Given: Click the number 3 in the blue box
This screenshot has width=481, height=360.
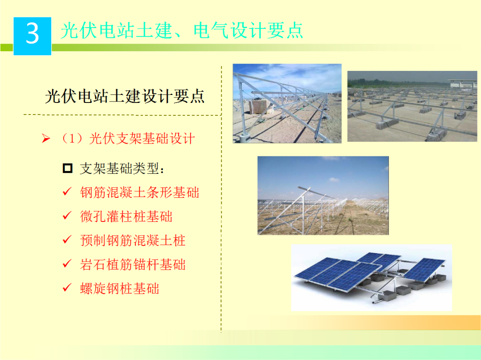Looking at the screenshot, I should [x=33, y=34].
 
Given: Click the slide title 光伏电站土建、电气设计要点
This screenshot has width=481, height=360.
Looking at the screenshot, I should [x=182, y=30].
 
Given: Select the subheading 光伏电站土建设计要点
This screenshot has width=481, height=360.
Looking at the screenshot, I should [x=125, y=96].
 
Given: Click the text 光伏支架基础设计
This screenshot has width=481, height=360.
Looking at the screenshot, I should [x=142, y=139].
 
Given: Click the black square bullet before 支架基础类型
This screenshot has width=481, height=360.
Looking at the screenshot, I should [x=68, y=168].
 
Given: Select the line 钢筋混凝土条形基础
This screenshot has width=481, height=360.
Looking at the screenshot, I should [x=139, y=192].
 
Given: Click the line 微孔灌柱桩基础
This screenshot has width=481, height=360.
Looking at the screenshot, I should [x=126, y=217].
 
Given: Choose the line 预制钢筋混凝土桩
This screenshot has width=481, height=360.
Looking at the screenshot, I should [x=133, y=241].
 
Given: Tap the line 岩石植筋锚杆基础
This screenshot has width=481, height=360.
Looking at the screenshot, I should [x=133, y=265].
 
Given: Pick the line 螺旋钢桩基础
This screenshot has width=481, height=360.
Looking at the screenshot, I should [x=119, y=289].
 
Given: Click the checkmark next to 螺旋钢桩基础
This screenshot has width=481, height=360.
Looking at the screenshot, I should [x=67, y=288].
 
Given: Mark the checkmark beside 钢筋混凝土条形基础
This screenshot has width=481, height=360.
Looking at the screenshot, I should [x=67, y=192].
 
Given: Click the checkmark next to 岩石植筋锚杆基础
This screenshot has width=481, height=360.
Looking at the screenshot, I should [x=67, y=264].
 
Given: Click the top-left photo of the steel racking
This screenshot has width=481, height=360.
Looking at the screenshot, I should [x=287, y=103].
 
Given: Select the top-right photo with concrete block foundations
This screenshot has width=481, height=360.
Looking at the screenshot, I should [x=412, y=106].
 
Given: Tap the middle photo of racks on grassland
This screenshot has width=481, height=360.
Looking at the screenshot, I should [x=323, y=195].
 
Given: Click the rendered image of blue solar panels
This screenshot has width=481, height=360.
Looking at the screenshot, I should [x=371, y=277].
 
